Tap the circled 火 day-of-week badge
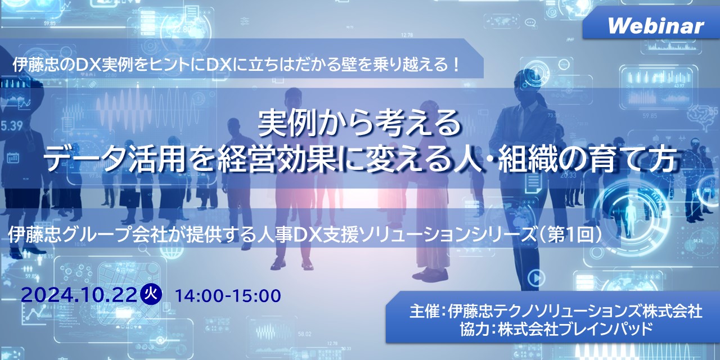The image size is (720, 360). [151, 295]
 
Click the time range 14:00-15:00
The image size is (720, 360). [228, 296]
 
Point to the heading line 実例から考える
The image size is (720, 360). [359, 124]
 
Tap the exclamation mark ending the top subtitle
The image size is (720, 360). [456, 65]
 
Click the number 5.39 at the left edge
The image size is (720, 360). [11, 125]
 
